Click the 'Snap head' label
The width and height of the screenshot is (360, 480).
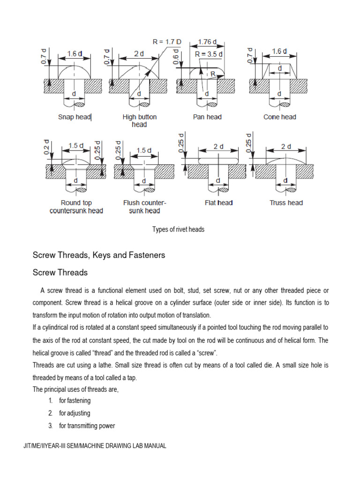74,117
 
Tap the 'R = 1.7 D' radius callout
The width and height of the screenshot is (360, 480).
167,41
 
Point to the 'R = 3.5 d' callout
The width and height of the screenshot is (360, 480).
209,54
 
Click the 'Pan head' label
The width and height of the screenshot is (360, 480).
207,117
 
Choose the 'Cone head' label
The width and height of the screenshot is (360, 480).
280,117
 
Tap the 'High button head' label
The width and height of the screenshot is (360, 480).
139,121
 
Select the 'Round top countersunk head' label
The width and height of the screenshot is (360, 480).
76,207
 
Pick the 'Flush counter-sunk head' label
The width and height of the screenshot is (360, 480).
144,207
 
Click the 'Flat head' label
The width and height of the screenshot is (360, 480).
218,203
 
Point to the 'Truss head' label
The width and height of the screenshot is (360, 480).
286,203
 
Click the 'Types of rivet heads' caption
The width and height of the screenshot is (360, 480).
178,230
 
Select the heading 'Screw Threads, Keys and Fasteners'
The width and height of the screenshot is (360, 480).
98,255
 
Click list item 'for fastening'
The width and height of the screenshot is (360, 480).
75,401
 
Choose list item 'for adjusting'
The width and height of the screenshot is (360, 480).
75,413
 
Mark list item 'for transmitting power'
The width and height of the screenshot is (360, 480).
87,426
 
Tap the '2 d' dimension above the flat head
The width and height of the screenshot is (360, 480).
218,146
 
